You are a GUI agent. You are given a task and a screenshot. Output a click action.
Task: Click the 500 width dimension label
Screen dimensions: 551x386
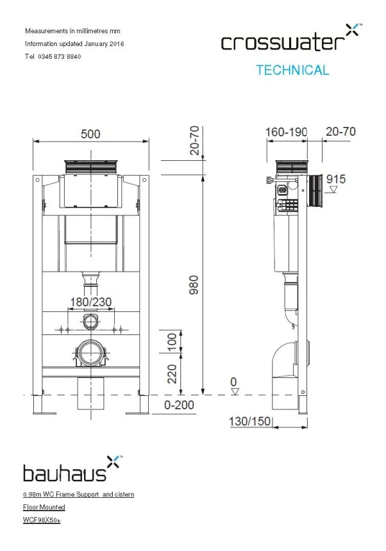pyautogui.click(x=90, y=134)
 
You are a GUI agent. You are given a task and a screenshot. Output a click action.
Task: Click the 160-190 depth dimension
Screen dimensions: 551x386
pyautogui.click(x=286, y=132)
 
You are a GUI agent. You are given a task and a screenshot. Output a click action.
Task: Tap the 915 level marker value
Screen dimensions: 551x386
pyautogui.click(x=336, y=179)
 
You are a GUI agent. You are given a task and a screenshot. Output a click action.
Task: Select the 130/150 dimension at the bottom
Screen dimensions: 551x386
pyautogui.click(x=249, y=421)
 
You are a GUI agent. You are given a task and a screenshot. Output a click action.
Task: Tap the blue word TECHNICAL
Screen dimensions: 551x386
pyautogui.click(x=292, y=70)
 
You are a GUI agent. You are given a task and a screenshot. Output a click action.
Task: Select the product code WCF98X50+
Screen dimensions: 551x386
pyautogui.click(x=42, y=520)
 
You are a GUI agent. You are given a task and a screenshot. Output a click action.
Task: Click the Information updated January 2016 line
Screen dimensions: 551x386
pyautogui.click(x=74, y=44)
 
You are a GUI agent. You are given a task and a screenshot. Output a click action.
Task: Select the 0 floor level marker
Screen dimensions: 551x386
pyautogui.click(x=234, y=382)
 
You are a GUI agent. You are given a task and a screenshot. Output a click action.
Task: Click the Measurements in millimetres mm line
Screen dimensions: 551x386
pyautogui.click(x=72, y=31)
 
